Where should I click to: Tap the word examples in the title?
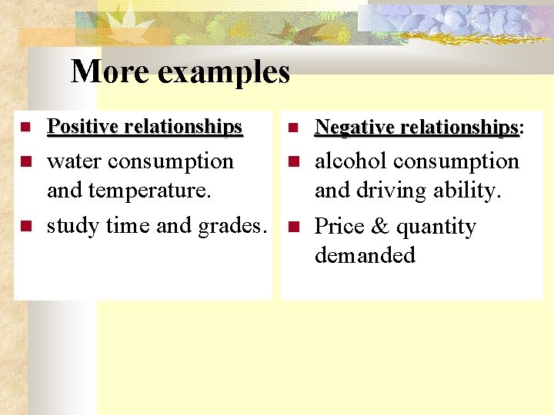pos(225,73)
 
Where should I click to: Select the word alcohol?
pos(352,161)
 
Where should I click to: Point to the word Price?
pos(339,227)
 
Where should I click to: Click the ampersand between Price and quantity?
pos(382,227)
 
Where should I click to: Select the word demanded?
pos(365,255)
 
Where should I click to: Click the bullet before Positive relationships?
pos(25,126)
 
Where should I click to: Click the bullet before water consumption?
pos(25,162)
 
